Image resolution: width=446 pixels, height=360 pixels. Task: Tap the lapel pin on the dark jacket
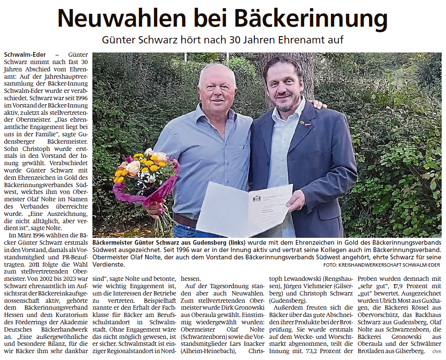click(x=302, y=122)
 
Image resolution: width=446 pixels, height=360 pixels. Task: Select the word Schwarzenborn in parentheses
click(x=202, y=337)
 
